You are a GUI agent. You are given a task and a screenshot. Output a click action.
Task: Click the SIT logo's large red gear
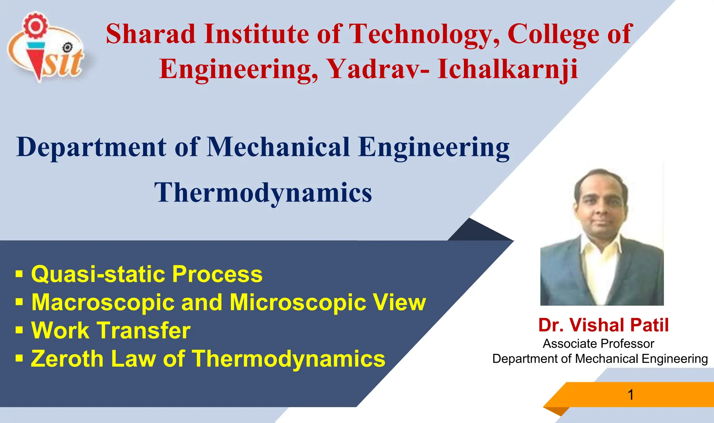[x=35, y=25]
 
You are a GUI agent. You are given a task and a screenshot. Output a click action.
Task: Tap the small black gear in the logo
[x=68, y=47]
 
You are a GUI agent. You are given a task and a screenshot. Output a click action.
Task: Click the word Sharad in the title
[x=151, y=34]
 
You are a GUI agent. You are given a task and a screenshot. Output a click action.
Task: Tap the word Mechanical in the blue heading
[x=278, y=147]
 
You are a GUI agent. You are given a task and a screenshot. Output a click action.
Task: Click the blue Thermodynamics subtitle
[x=263, y=193]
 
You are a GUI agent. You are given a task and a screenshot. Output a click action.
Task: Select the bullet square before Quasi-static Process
[x=19, y=274]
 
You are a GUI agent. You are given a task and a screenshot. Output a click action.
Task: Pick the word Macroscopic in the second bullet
[x=103, y=302]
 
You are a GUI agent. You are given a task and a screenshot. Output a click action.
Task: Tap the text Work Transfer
[x=111, y=330]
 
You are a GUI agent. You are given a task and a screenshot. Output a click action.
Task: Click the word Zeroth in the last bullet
[x=67, y=358]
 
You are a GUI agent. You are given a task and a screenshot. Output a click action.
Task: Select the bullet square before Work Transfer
[x=19, y=330]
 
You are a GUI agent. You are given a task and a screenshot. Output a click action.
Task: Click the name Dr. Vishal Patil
[x=603, y=325]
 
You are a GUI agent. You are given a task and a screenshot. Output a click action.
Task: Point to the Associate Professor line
[x=598, y=344]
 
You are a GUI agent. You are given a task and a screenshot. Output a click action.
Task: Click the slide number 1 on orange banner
[x=630, y=395]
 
